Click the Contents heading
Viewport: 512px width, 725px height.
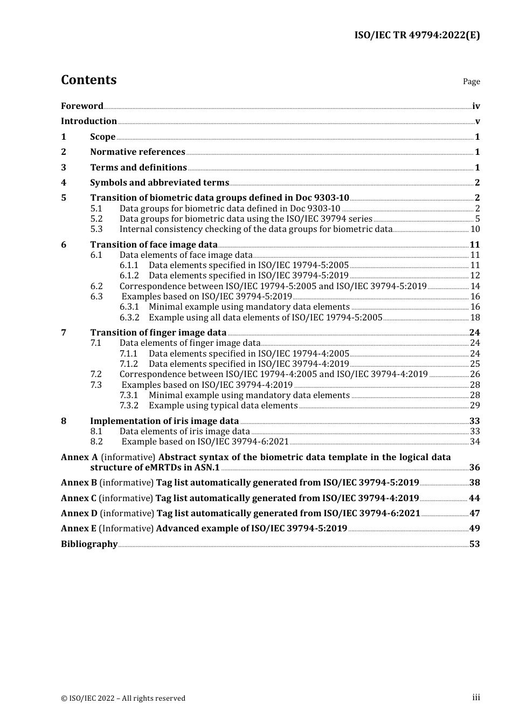pyautogui.click(x=88, y=80)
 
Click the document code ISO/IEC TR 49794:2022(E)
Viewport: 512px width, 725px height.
pyautogui.click(x=417, y=35)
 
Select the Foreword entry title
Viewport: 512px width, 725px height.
pyautogui.click(x=82, y=106)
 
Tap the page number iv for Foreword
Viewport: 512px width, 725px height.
pyautogui.click(x=476, y=106)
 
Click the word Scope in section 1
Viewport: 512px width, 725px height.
pyautogui.click(x=102, y=137)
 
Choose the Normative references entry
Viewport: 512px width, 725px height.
pyautogui.click(x=137, y=152)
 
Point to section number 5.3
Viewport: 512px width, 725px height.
pyautogui.click(x=96, y=229)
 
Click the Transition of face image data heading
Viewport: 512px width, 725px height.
pyautogui.click(x=154, y=245)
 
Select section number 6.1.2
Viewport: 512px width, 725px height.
pyautogui.click(x=129, y=276)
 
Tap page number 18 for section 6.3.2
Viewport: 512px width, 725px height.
pyautogui.click(x=475, y=318)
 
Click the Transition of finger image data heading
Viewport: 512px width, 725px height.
pyautogui.click(x=158, y=333)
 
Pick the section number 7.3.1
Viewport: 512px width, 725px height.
pyautogui.click(x=129, y=395)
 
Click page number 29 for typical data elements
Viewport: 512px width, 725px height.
pyautogui.click(x=475, y=406)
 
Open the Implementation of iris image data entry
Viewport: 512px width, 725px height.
pyautogui.click(x=164, y=421)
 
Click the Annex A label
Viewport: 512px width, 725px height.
pyautogui.click(x=79, y=457)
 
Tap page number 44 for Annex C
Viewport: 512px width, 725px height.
pyautogui.click(x=474, y=498)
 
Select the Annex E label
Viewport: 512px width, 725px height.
pyautogui.click(x=79, y=529)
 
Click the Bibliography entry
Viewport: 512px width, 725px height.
pyautogui.click(x=89, y=544)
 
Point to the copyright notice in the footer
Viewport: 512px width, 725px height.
pyautogui.click(x=123, y=698)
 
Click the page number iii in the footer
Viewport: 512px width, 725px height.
pyautogui.click(x=476, y=697)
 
